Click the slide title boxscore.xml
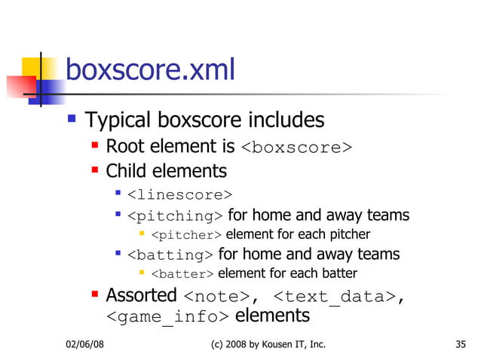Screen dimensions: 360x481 click(x=151, y=70)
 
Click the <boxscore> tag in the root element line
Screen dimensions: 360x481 click(x=296, y=147)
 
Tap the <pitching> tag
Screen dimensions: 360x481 click(x=175, y=217)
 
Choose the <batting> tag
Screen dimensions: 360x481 click(x=170, y=255)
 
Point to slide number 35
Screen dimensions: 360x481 click(x=461, y=344)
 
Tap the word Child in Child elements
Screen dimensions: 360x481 click(x=127, y=171)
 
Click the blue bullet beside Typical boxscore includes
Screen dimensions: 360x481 click(x=72, y=118)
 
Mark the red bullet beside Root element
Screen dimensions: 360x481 click(x=95, y=144)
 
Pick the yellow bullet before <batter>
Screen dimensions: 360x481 click(x=142, y=273)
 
